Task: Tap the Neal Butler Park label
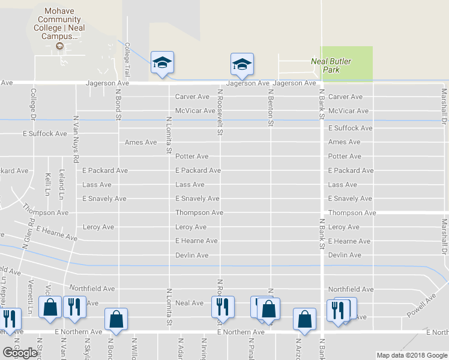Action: [x=331, y=65]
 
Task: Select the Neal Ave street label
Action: [x=190, y=303]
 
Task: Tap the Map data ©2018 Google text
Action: [x=411, y=355]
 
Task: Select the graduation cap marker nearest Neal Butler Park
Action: [x=242, y=64]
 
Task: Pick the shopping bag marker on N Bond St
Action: [x=116, y=319]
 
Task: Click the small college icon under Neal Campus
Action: [x=59, y=46]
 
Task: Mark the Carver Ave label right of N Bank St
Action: [x=345, y=97]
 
